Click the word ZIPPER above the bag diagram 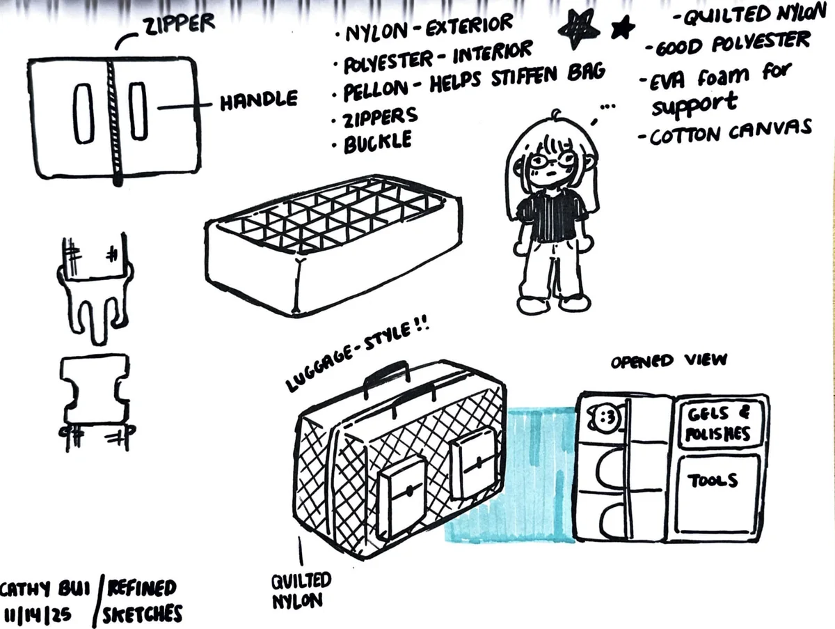tap(180, 25)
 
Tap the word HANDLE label tap(259, 100)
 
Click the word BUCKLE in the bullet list tap(377, 142)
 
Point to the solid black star tap(623, 27)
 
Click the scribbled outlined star tap(579, 29)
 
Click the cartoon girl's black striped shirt tap(552, 215)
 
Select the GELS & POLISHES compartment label tap(718, 424)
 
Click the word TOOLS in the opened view tap(712, 481)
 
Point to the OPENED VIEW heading tap(669, 360)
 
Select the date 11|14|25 tap(38, 614)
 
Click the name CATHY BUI tap(45, 589)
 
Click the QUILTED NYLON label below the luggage tap(301, 591)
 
